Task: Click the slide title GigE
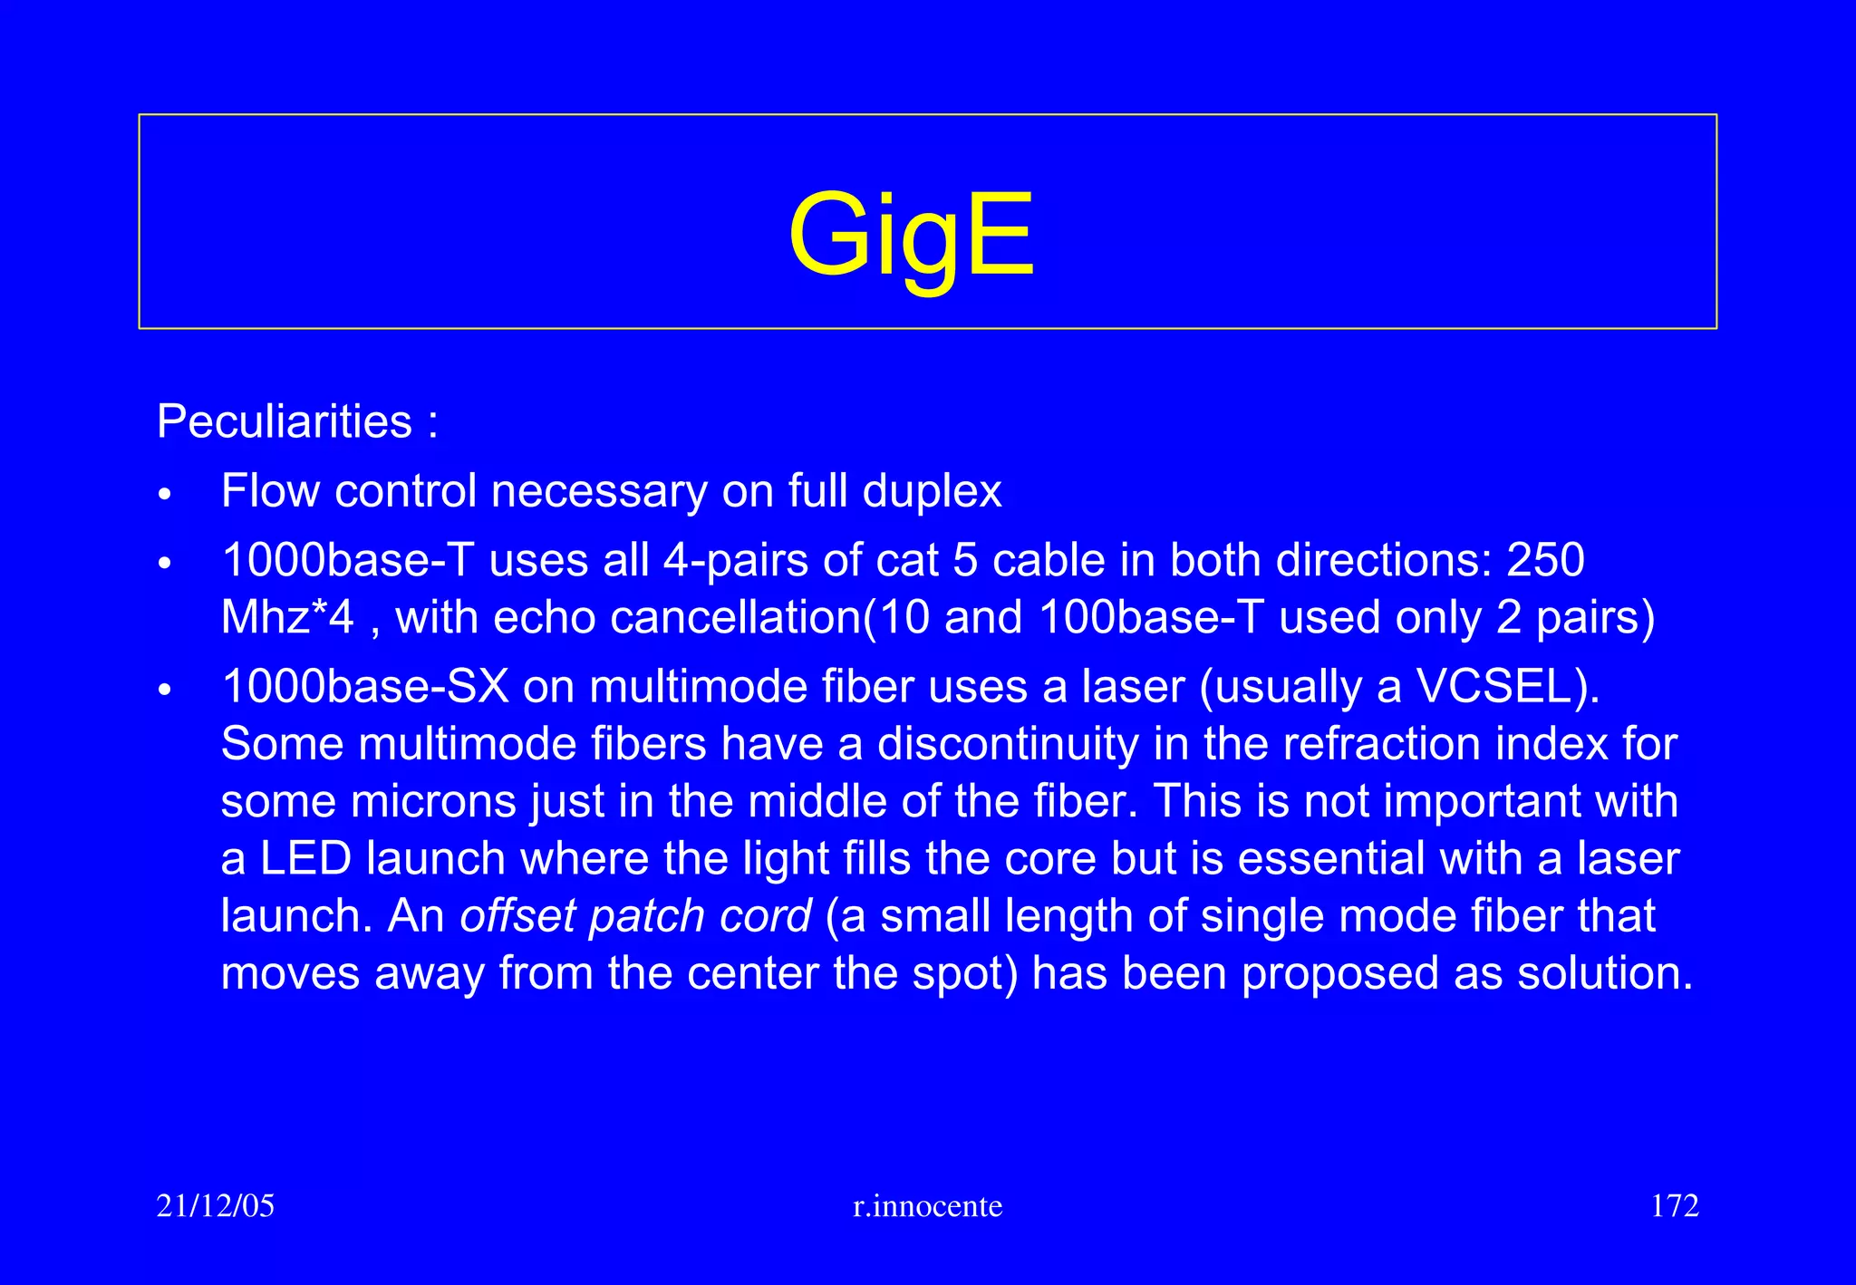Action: pyautogui.click(x=911, y=236)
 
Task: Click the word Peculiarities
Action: pyautogui.click(x=285, y=421)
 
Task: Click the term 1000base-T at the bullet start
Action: pyautogui.click(x=348, y=560)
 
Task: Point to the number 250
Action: pyautogui.click(x=1545, y=560)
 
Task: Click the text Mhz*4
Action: pyautogui.click(x=287, y=618)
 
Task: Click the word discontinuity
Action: pyautogui.click(x=1008, y=744)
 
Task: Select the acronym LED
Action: pyautogui.click(x=305, y=858)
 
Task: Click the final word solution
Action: pyautogui.click(x=1604, y=973)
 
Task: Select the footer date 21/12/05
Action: pyautogui.click(x=216, y=1206)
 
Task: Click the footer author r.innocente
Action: pyautogui.click(x=928, y=1206)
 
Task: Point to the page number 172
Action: pyautogui.click(x=1675, y=1206)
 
